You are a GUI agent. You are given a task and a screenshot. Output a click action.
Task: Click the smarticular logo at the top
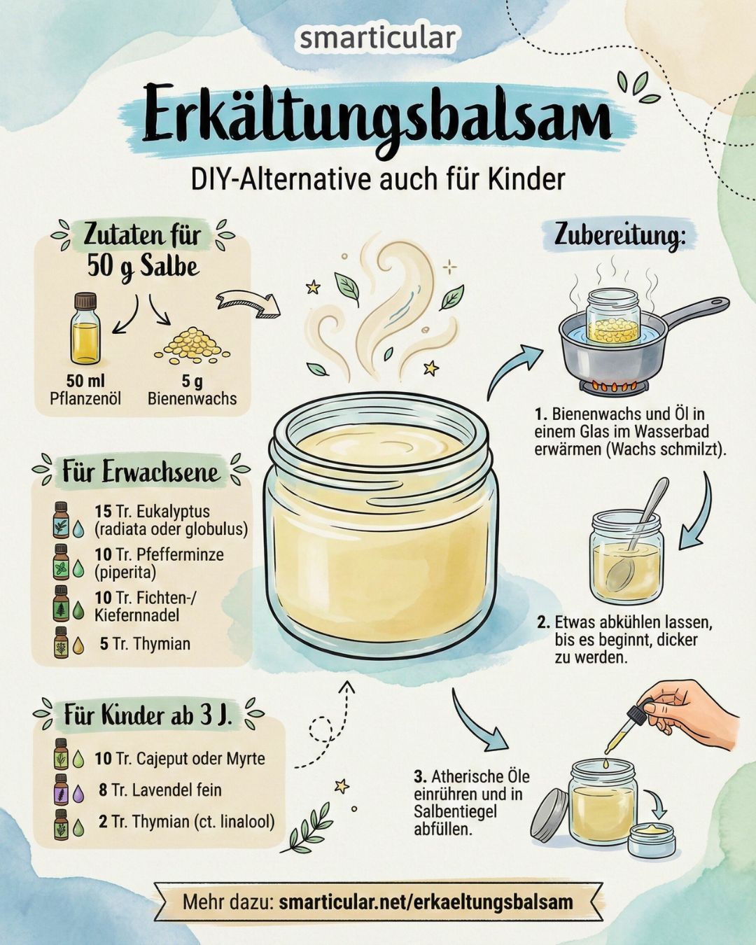tap(378, 38)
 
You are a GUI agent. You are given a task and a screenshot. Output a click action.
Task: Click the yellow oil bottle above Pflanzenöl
tap(85, 328)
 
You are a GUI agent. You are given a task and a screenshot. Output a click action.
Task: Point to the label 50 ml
tap(85, 381)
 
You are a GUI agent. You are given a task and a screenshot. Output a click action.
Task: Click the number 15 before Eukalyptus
tap(103, 511)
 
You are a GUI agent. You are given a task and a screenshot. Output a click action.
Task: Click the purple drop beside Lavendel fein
tap(78, 791)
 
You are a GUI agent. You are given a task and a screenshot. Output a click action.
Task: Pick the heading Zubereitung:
tap(619, 237)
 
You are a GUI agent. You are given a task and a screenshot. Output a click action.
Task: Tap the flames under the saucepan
tap(615, 387)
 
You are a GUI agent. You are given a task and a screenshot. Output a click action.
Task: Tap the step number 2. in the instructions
tap(544, 622)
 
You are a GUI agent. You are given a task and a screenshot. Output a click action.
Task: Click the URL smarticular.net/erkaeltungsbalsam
tap(426, 902)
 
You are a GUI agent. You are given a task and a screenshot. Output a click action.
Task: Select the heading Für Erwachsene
tap(141, 472)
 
